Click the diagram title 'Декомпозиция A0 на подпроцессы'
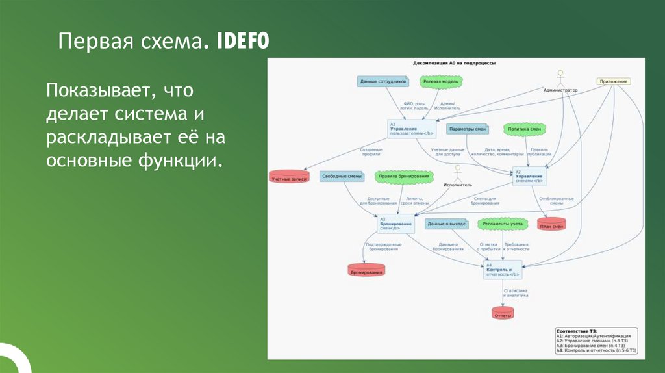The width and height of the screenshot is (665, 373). click(x=454, y=64)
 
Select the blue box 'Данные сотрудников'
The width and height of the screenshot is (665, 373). click(x=383, y=81)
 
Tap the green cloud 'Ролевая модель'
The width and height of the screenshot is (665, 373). click(x=441, y=81)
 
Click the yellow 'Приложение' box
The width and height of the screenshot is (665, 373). click(x=614, y=81)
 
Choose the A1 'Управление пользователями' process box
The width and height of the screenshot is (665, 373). click(x=411, y=128)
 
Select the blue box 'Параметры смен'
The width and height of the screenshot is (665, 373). click(x=468, y=129)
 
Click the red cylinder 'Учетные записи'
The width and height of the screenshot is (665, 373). click(x=288, y=177)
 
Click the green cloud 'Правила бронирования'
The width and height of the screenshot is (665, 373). click(x=404, y=176)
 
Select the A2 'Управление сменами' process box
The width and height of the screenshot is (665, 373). click(x=528, y=177)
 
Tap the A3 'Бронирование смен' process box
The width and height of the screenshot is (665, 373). click(x=395, y=224)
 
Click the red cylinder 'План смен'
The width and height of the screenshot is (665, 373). click(x=551, y=224)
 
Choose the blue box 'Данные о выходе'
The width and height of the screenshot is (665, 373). click(x=446, y=224)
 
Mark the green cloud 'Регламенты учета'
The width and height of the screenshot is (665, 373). click(x=507, y=224)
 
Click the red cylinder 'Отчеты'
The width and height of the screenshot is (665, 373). click(x=503, y=313)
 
